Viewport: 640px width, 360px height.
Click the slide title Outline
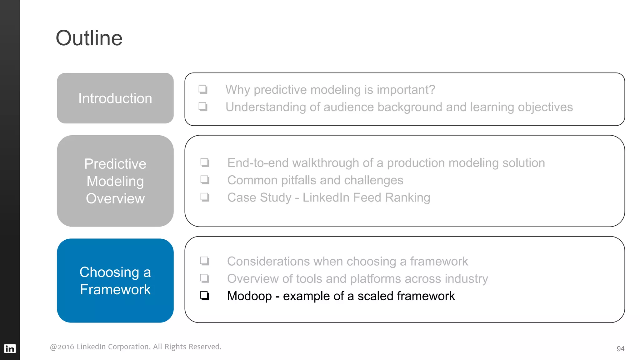[89, 38]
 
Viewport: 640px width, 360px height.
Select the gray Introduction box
[115, 98]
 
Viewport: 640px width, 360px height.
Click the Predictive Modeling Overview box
[115, 181]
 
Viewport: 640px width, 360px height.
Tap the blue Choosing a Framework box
[115, 280]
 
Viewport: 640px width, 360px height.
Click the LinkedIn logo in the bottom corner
[10, 348]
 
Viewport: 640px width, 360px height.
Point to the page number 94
[620, 349]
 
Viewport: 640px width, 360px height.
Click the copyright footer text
[135, 347]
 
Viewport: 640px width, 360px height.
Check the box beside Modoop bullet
[205, 295]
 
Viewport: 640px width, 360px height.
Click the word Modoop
[249, 296]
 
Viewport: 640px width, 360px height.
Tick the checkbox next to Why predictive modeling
[203, 89]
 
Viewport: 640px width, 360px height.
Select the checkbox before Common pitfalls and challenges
[205, 180]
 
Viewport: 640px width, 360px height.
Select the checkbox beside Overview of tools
[205, 278]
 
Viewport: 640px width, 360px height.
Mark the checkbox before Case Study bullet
[205, 197]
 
